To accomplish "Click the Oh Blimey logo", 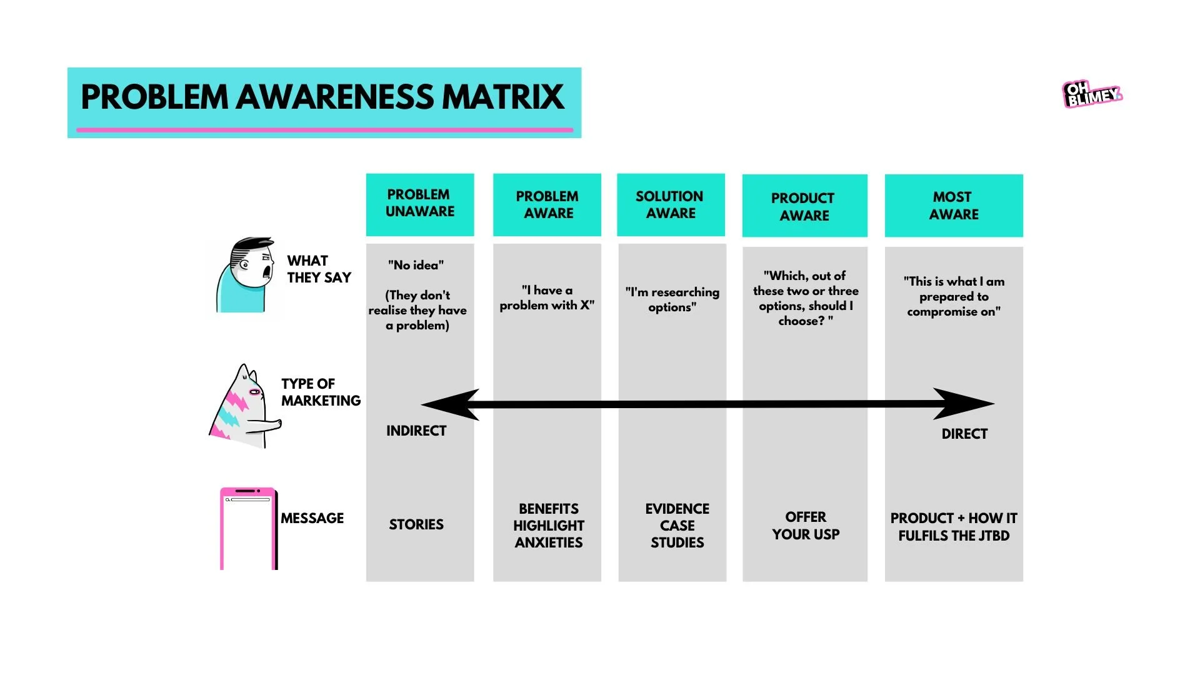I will click(x=1092, y=94).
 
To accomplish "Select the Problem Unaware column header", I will click(x=420, y=204).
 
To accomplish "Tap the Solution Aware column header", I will click(x=670, y=205).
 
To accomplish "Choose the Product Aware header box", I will click(x=804, y=206).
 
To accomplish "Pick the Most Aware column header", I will click(x=953, y=206).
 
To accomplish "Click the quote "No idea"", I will click(x=416, y=265).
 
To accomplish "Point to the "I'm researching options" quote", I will click(x=672, y=299).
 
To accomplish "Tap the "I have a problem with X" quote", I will click(x=547, y=297).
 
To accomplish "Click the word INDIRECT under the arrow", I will click(x=416, y=431).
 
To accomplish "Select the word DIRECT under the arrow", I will click(x=964, y=434).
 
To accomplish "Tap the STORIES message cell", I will click(x=416, y=524).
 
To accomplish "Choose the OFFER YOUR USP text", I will click(x=806, y=526).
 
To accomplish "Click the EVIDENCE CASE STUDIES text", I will click(x=677, y=526).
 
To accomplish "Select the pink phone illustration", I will click(x=248, y=529).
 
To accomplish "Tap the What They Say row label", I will click(x=319, y=269).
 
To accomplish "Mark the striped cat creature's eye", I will click(x=254, y=392).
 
